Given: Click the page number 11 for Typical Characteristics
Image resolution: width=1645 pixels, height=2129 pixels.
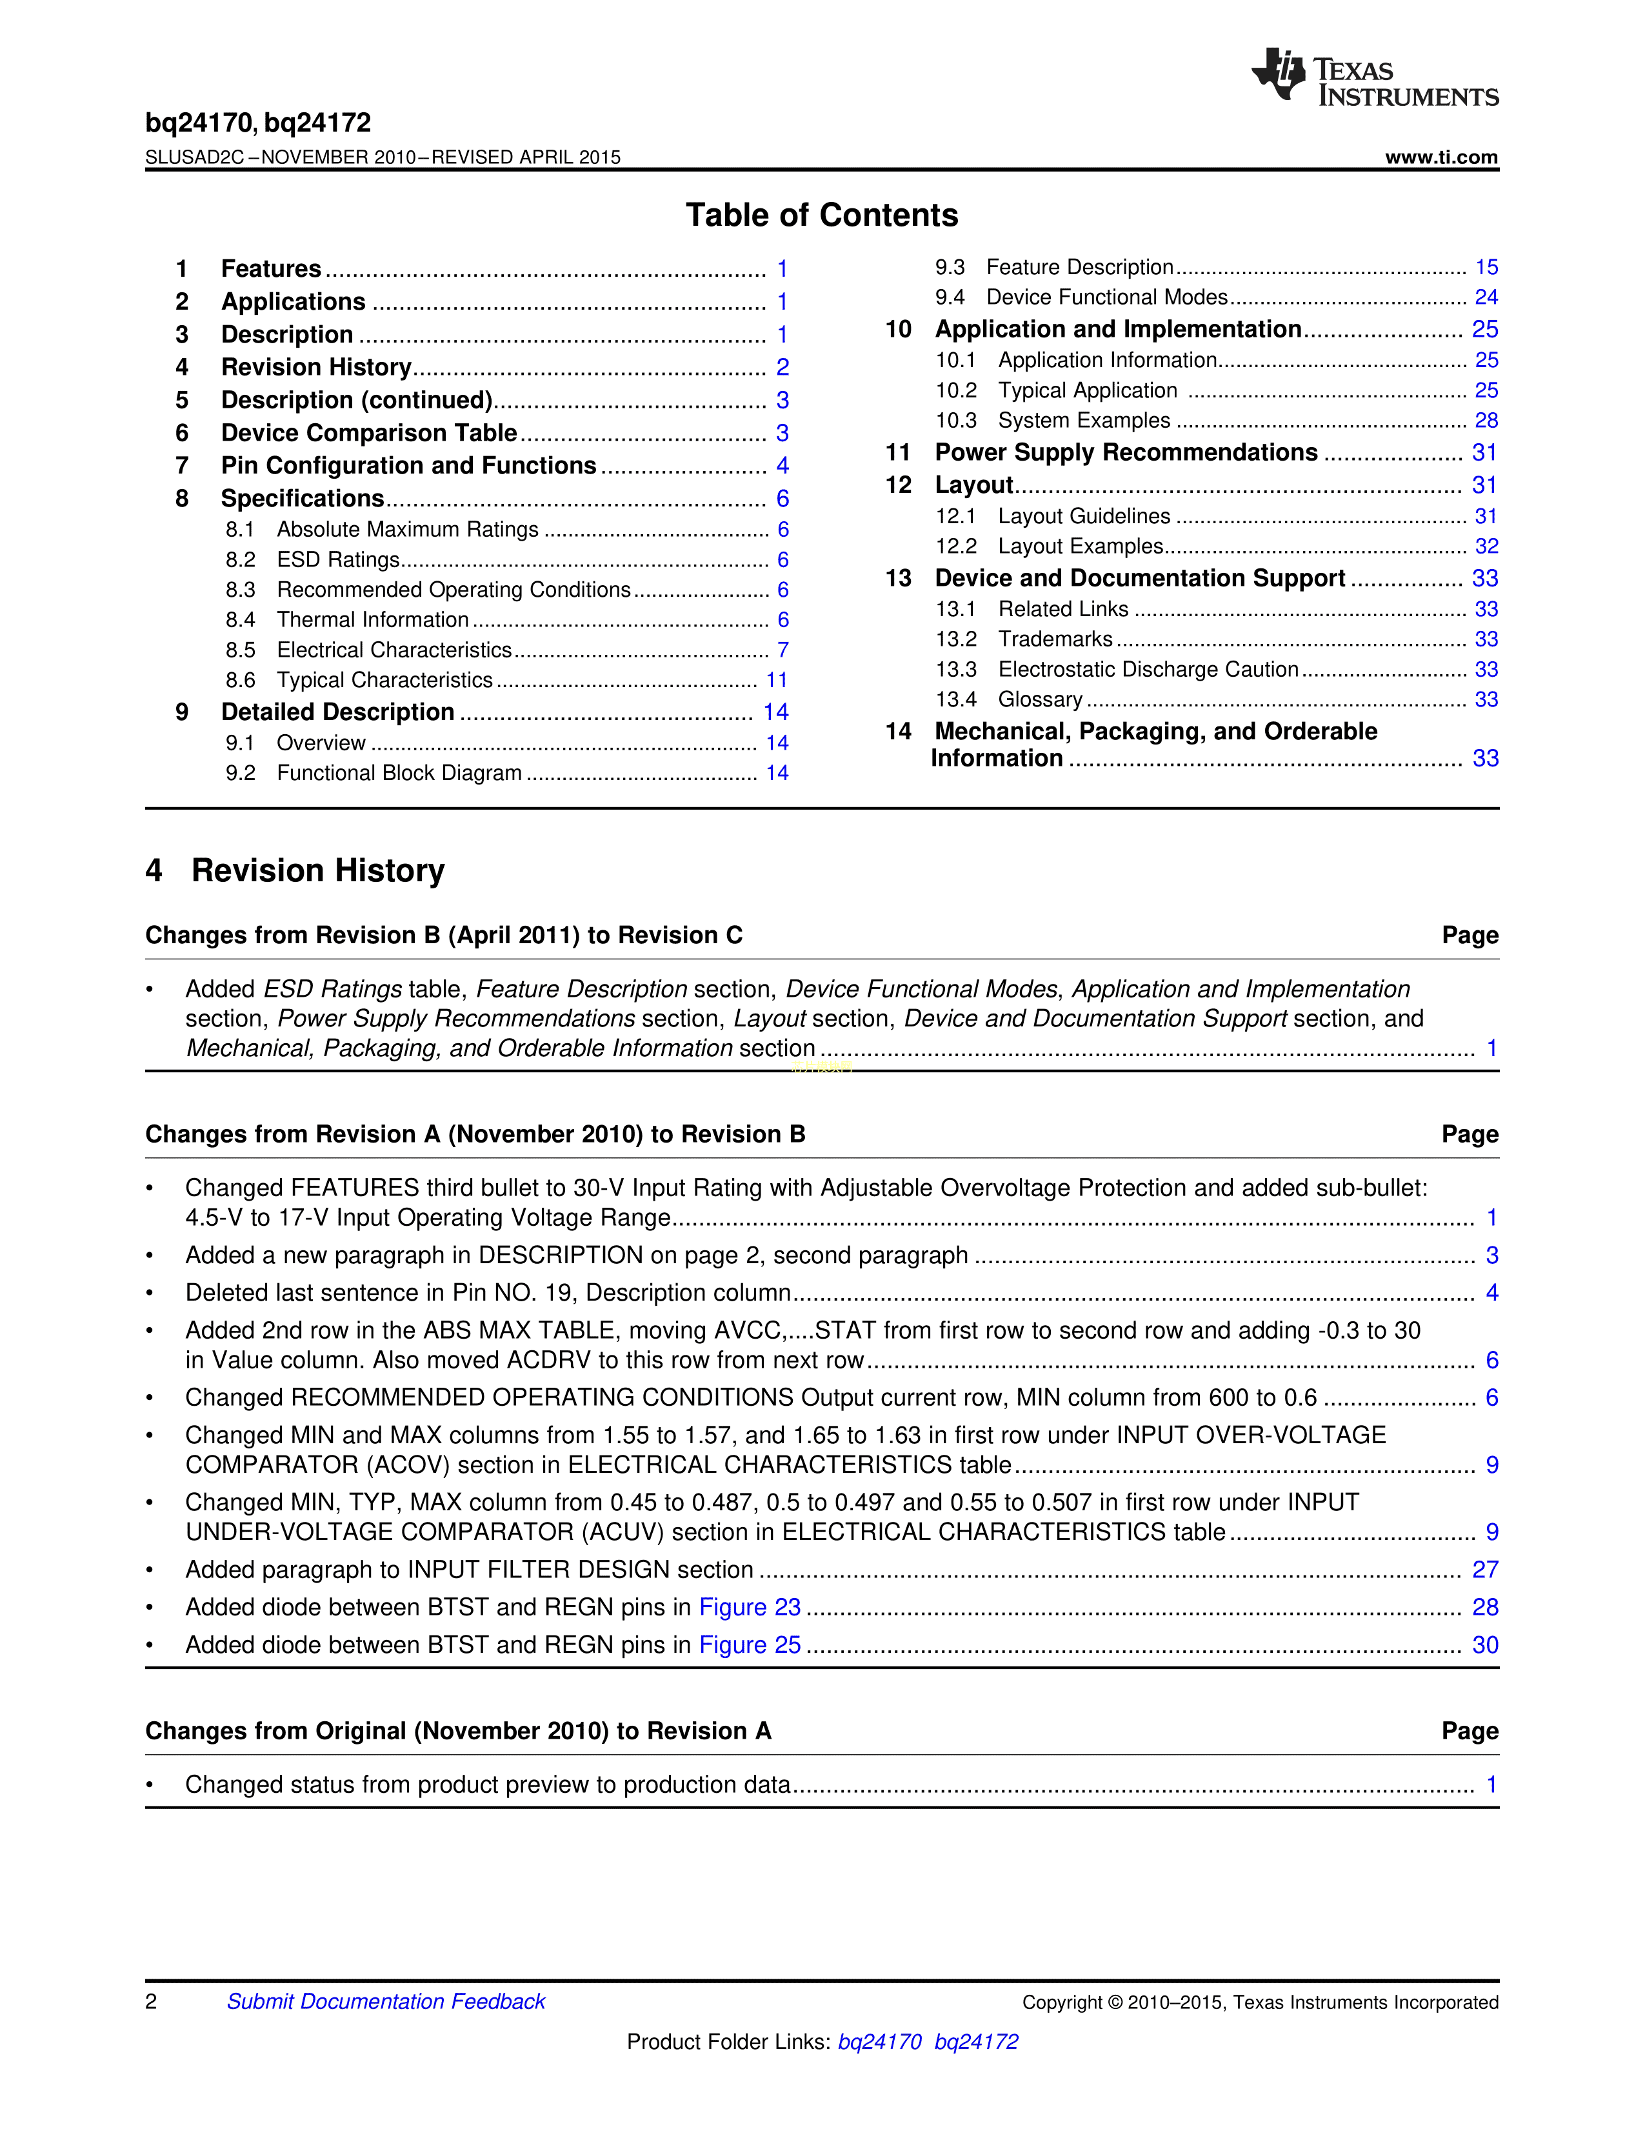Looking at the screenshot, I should (x=777, y=681).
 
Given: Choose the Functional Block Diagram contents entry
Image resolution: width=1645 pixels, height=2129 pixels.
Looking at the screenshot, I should (x=399, y=773).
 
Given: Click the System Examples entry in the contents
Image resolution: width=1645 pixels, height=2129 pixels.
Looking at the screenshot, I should (x=1084, y=421).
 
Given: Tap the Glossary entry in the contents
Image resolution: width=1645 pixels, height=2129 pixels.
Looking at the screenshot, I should (x=1040, y=700).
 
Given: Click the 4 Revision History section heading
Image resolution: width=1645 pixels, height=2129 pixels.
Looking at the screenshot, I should (x=295, y=870).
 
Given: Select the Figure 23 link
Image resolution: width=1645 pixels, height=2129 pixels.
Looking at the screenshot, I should (x=750, y=1608).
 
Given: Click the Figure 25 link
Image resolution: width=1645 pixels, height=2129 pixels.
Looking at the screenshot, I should (x=750, y=1646).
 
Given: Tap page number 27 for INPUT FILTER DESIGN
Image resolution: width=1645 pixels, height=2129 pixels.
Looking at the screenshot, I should (x=1485, y=1570).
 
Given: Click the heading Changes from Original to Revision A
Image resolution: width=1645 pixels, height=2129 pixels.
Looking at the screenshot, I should (x=458, y=1732).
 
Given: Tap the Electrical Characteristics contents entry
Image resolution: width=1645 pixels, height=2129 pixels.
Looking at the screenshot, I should (x=394, y=650).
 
